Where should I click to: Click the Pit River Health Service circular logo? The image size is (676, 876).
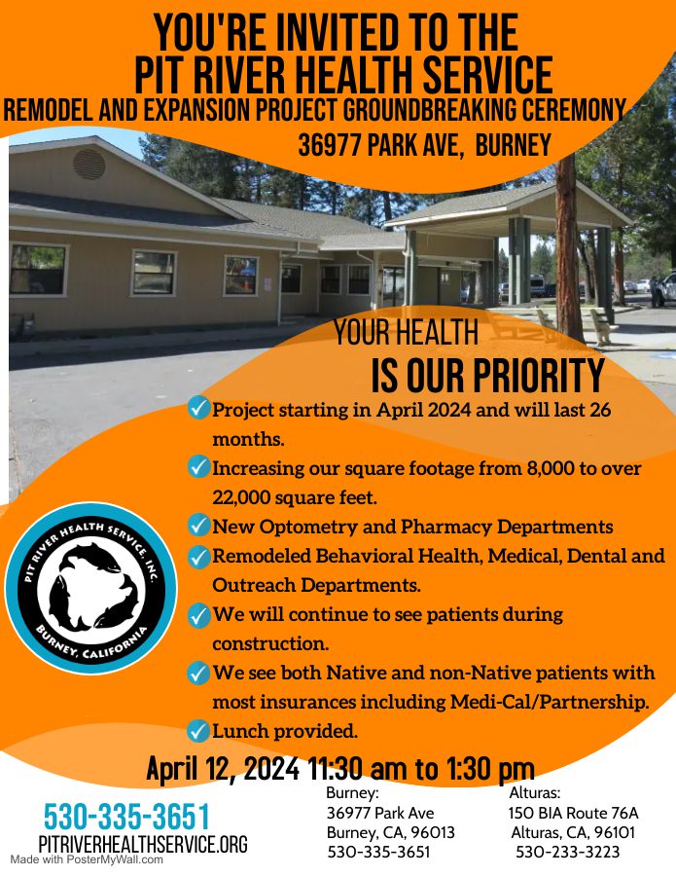pos(91,588)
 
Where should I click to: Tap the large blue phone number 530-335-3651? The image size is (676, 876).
pos(126,817)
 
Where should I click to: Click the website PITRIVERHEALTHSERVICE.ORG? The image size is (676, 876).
pos(143,844)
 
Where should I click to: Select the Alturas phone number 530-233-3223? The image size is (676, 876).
pos(568,852)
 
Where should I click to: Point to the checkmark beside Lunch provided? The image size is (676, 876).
pos(197,731)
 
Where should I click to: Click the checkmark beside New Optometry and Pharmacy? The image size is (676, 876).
pos(197,526)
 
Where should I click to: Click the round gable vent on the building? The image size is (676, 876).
pos(89,164)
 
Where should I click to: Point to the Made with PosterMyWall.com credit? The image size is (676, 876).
pos(87,859)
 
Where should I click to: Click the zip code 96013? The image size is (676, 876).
pos(433,832)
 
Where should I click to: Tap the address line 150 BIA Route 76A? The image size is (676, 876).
pos(573,813)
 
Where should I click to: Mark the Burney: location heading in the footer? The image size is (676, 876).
pos(352,792)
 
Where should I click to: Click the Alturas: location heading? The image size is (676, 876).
pos(535,792)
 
